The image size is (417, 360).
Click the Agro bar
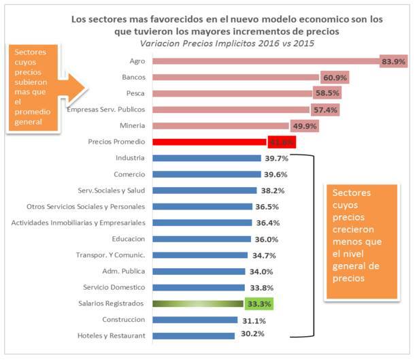click(265, 61)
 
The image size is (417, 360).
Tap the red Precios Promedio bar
click(208, 142)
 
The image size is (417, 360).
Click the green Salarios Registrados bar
click(197, 304)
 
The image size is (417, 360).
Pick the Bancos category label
click(131, 78)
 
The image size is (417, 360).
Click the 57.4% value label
click(324, 110)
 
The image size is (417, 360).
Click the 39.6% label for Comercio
click(276, 174)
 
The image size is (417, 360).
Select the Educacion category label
click(127, 239)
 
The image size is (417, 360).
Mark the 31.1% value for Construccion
click(252, 320)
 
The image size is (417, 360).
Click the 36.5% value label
click(267, 206)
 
